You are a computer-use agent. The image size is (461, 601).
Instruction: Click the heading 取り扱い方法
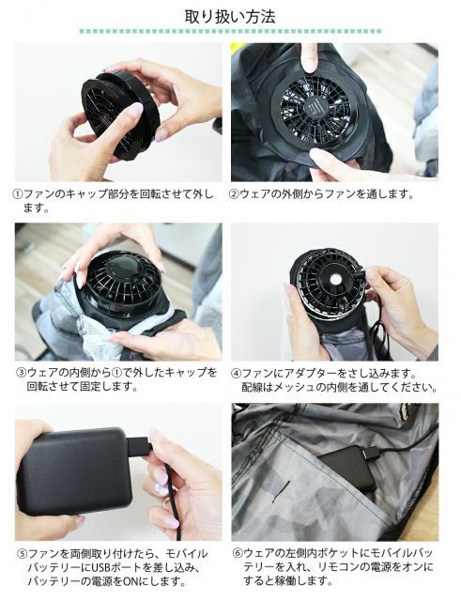point(230,17)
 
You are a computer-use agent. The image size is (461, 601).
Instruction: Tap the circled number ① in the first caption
point(18,194)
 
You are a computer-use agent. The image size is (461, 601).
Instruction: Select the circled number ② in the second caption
point(234,194)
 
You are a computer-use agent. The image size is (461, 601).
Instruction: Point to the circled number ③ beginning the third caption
point(22,373)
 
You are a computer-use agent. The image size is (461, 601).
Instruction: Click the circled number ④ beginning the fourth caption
point(237,374)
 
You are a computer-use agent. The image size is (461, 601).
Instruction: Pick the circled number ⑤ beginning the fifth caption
point(23,554)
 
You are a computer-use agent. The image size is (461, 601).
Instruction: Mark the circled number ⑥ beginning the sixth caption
point(238,553)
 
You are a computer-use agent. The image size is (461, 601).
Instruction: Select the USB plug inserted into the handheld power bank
point(138,447)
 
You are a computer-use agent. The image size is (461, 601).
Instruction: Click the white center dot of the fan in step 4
point(336,280)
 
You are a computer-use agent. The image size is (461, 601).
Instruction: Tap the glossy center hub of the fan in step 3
point(124,265)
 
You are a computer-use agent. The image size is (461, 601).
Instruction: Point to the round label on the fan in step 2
point(315,105)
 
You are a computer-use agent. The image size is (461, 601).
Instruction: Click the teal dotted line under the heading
point(230,31)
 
